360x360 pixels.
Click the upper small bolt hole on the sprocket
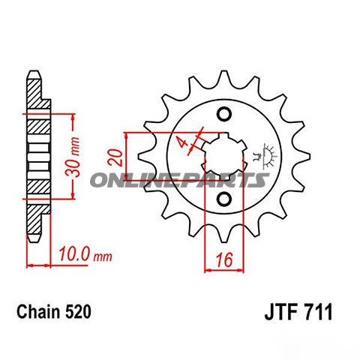pos(223,114)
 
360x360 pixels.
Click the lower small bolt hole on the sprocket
pos(223,199)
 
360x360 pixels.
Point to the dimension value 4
pos(182,142)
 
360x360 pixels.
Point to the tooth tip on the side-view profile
pos(33,76)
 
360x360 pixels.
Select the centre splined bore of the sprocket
pos(223,156)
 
